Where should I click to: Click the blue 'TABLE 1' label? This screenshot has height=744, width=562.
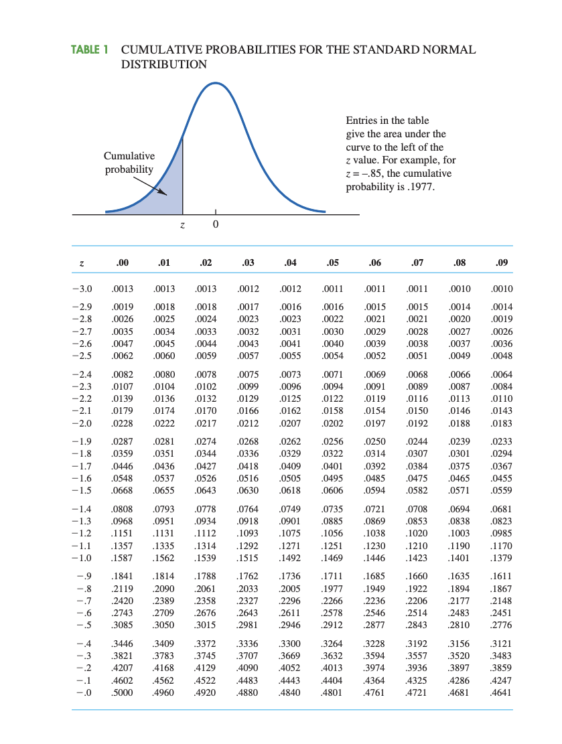point(90,50)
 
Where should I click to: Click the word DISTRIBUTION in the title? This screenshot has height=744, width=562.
point(164,64)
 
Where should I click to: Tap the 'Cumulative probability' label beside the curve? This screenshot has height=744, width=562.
point(129,163)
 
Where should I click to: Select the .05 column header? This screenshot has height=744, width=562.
point(332,263)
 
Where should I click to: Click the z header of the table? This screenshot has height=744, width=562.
point(82,263)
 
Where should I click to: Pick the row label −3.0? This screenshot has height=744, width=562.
point(82,289)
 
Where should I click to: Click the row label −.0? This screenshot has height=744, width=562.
point(83,693)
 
